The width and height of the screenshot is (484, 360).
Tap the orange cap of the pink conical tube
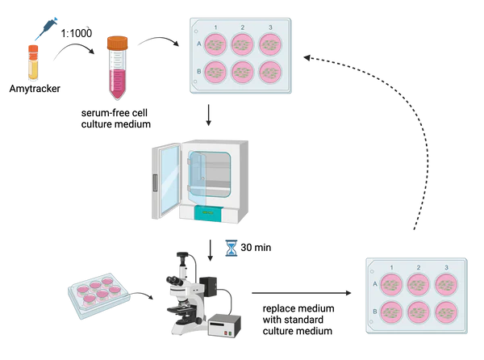118,40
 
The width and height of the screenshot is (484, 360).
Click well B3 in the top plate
269,73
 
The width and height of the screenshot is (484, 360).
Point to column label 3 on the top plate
269,29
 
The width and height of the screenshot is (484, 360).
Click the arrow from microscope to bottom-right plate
302,293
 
